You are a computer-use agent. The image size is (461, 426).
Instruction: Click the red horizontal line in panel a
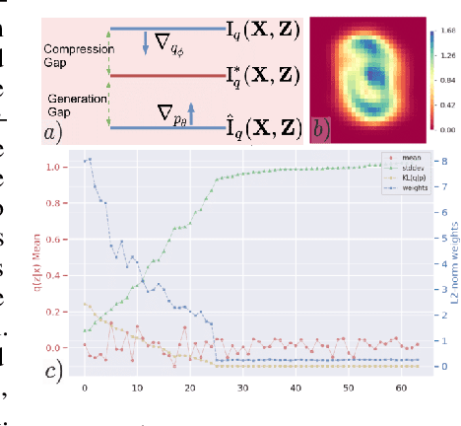click(x=167, y=74)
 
